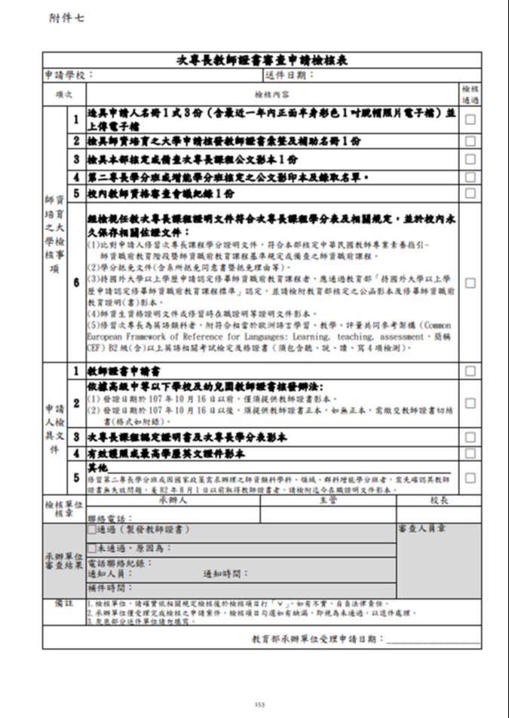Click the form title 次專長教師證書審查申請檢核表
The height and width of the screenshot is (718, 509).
[x=262, y=60]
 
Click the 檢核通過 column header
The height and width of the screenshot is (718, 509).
[x=470, y=94]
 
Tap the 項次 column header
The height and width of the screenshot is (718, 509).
[x=64, y=95]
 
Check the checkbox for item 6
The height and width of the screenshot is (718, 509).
[x=470, y=283]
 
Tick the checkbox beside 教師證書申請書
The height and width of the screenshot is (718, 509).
[x=470, y=371]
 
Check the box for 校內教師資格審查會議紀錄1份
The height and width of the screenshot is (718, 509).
[x=470, y=194]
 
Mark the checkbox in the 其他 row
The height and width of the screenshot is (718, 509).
[x=470, y=478]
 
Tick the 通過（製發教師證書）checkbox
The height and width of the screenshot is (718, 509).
[x=92, y=530]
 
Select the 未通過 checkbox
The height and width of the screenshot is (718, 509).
[x=92, y=548]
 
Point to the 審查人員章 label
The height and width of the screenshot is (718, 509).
[x=422, y=529]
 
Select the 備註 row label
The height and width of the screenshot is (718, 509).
[x=63, y=603]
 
